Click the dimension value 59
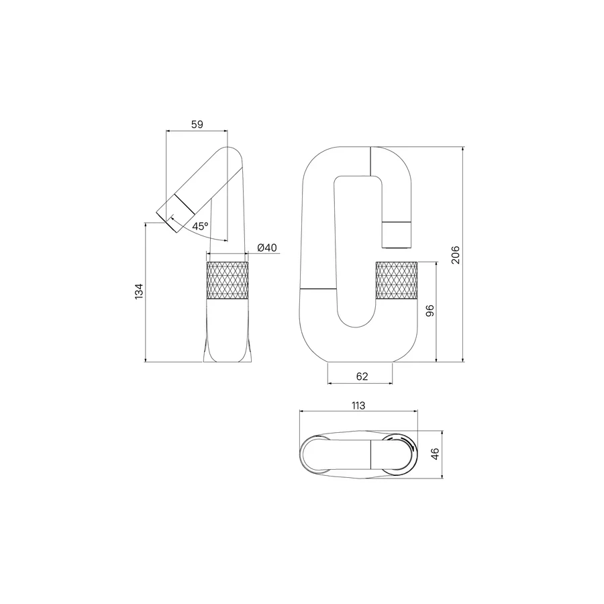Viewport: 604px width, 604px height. [197, 124]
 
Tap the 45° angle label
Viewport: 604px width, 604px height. [200, 226]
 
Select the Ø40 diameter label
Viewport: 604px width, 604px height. [266, 248]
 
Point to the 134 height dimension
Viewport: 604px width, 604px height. [139, 292]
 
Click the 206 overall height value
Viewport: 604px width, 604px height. [455, 254]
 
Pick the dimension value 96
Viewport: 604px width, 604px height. [430, 311]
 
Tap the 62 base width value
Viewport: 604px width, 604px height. [362, 376]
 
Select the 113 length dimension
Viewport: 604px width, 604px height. [358, 405]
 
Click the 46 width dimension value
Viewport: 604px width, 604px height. [435, 454]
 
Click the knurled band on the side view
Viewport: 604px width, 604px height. [228, 280]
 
